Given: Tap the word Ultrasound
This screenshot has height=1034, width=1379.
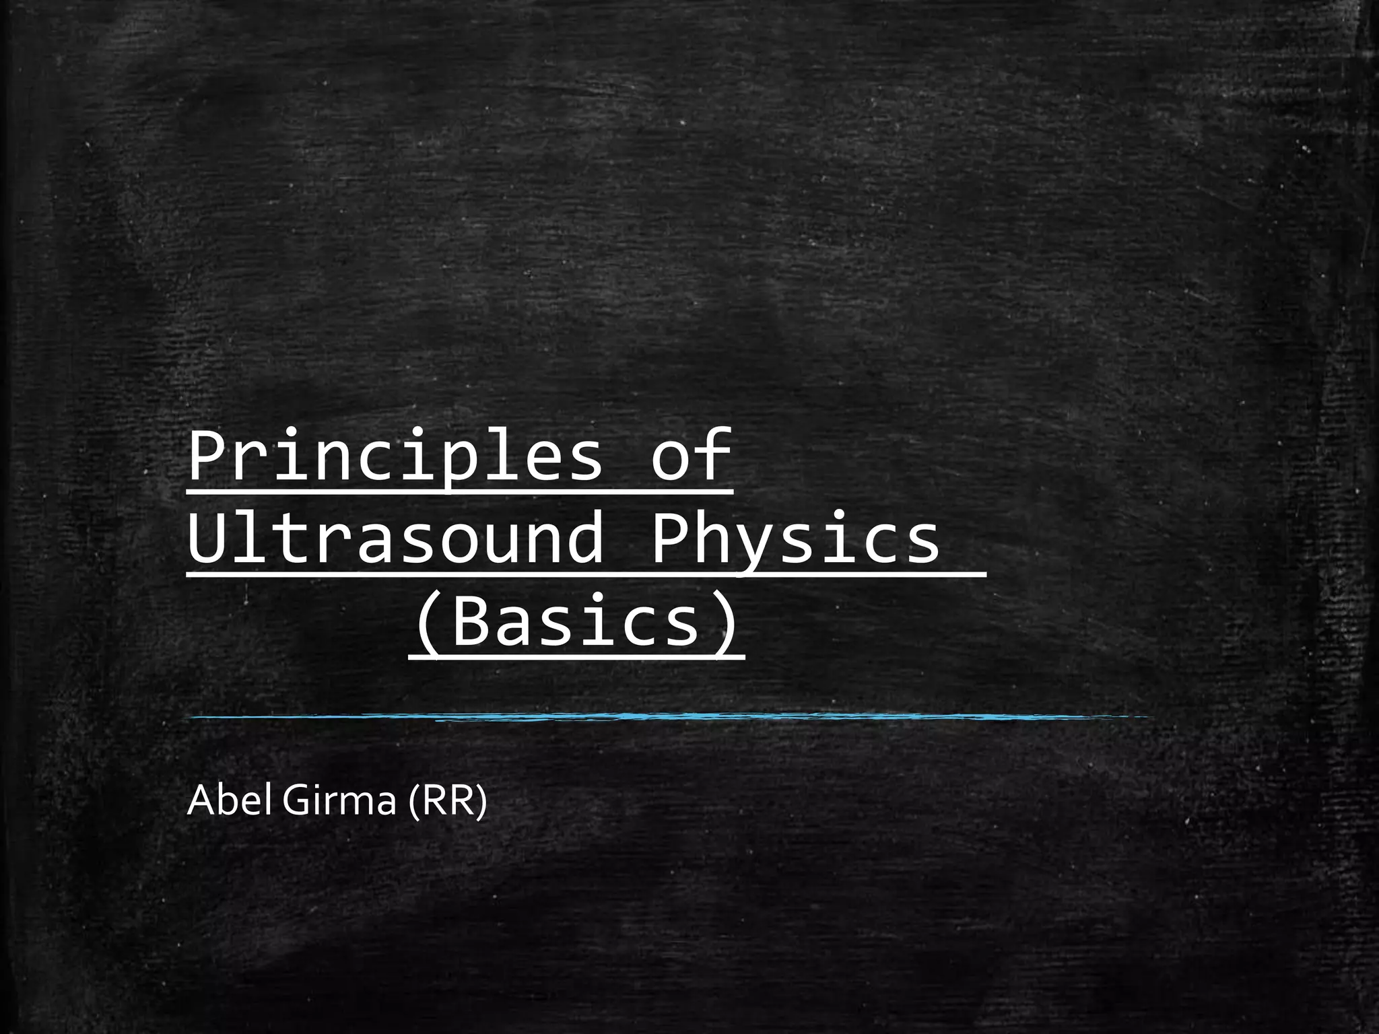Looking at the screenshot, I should [395, 539].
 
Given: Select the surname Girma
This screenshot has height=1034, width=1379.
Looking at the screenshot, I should [339, 801].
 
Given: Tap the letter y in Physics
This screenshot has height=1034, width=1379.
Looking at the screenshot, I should [758, 545].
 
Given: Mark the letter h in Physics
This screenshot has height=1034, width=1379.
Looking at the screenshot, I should [714, 539].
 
